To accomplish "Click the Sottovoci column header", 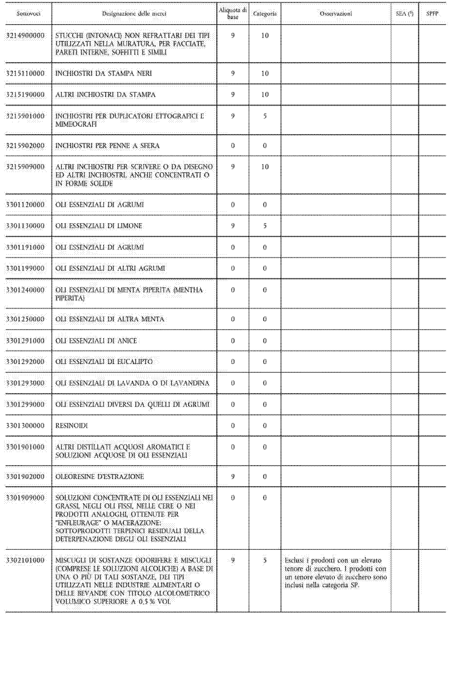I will (x=28, y=14).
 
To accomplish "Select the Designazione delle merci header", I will (x=134, y=14).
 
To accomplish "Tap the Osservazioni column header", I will (x=336, y=14).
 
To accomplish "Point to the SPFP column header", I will (x=432, y=14).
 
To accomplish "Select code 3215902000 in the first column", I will (x=25, y=146).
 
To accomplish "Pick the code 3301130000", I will (x=25, y=226).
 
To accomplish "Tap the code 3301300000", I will (x=25, y=426).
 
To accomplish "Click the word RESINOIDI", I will (x=71, y=426).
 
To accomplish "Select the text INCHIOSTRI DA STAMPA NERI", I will (x=104, y=73).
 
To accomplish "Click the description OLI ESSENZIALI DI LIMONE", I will (x=99, y=226).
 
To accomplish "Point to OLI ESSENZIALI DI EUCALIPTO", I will (x=104, y=362).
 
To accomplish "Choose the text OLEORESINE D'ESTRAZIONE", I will (x=99, y=476).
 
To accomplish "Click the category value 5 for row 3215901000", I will (x=265, y=116).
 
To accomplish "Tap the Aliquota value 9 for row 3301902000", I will (x=233, y=476).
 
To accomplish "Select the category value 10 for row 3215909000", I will (x=265, y=167).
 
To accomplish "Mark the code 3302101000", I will (x=25, y=560).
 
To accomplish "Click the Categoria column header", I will (x=265, y=14).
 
